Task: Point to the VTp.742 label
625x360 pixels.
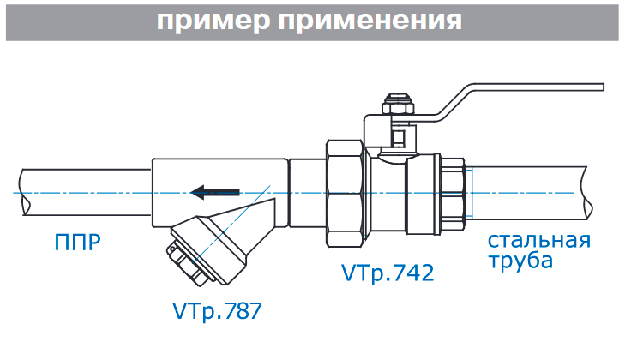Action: [387, 273]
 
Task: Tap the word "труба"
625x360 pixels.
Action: [520, 261]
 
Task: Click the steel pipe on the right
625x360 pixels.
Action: [532, 190]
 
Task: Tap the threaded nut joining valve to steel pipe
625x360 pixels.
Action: [453, 191]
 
